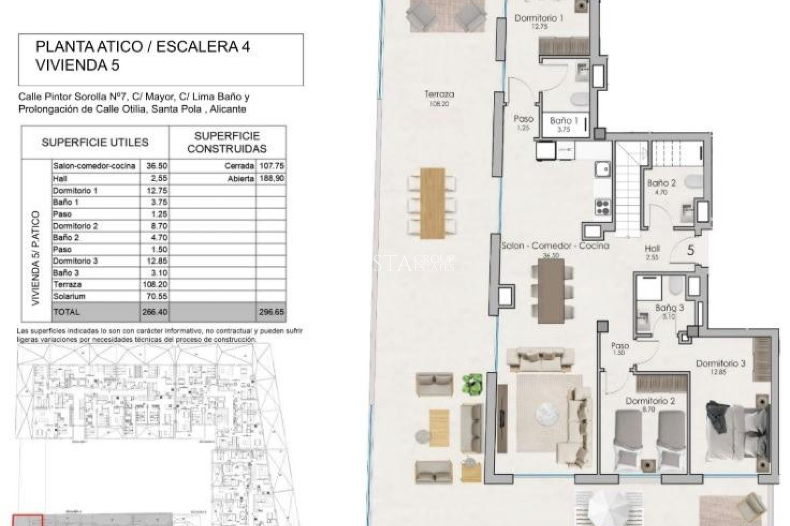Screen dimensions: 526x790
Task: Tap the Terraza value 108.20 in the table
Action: tap(154, 284)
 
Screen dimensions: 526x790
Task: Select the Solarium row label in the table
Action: tap(69, 296)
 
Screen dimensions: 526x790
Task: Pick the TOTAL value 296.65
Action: tap(271, 312)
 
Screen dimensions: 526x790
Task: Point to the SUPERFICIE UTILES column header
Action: tap(95, 143)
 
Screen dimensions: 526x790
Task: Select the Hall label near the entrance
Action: tap(652, 248)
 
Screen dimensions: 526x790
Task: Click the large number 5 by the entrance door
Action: tap(691, 250)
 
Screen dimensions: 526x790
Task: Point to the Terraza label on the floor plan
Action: tap(439, 95)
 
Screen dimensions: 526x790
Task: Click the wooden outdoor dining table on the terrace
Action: tap(432, 203)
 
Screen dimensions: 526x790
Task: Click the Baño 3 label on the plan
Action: tap(669, 307)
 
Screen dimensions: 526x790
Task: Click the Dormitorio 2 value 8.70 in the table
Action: tap(154, 226)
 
